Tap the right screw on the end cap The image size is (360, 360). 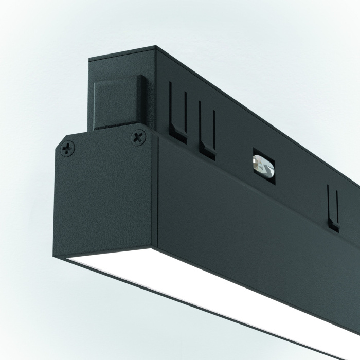[x=138, y=137]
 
